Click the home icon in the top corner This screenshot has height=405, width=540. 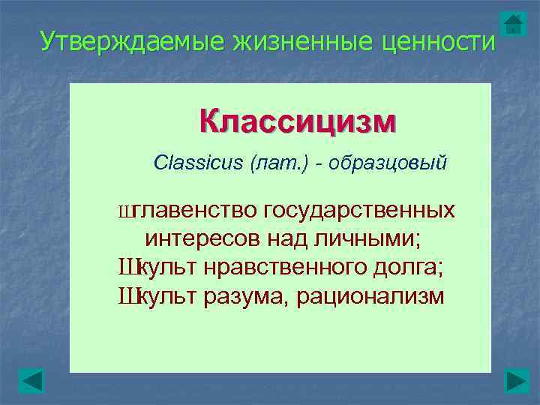tap(513, 23)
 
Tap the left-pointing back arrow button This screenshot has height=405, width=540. tap(31, 381)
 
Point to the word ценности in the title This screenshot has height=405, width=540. tap(436, 41)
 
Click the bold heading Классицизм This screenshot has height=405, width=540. tap(298, 121)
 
